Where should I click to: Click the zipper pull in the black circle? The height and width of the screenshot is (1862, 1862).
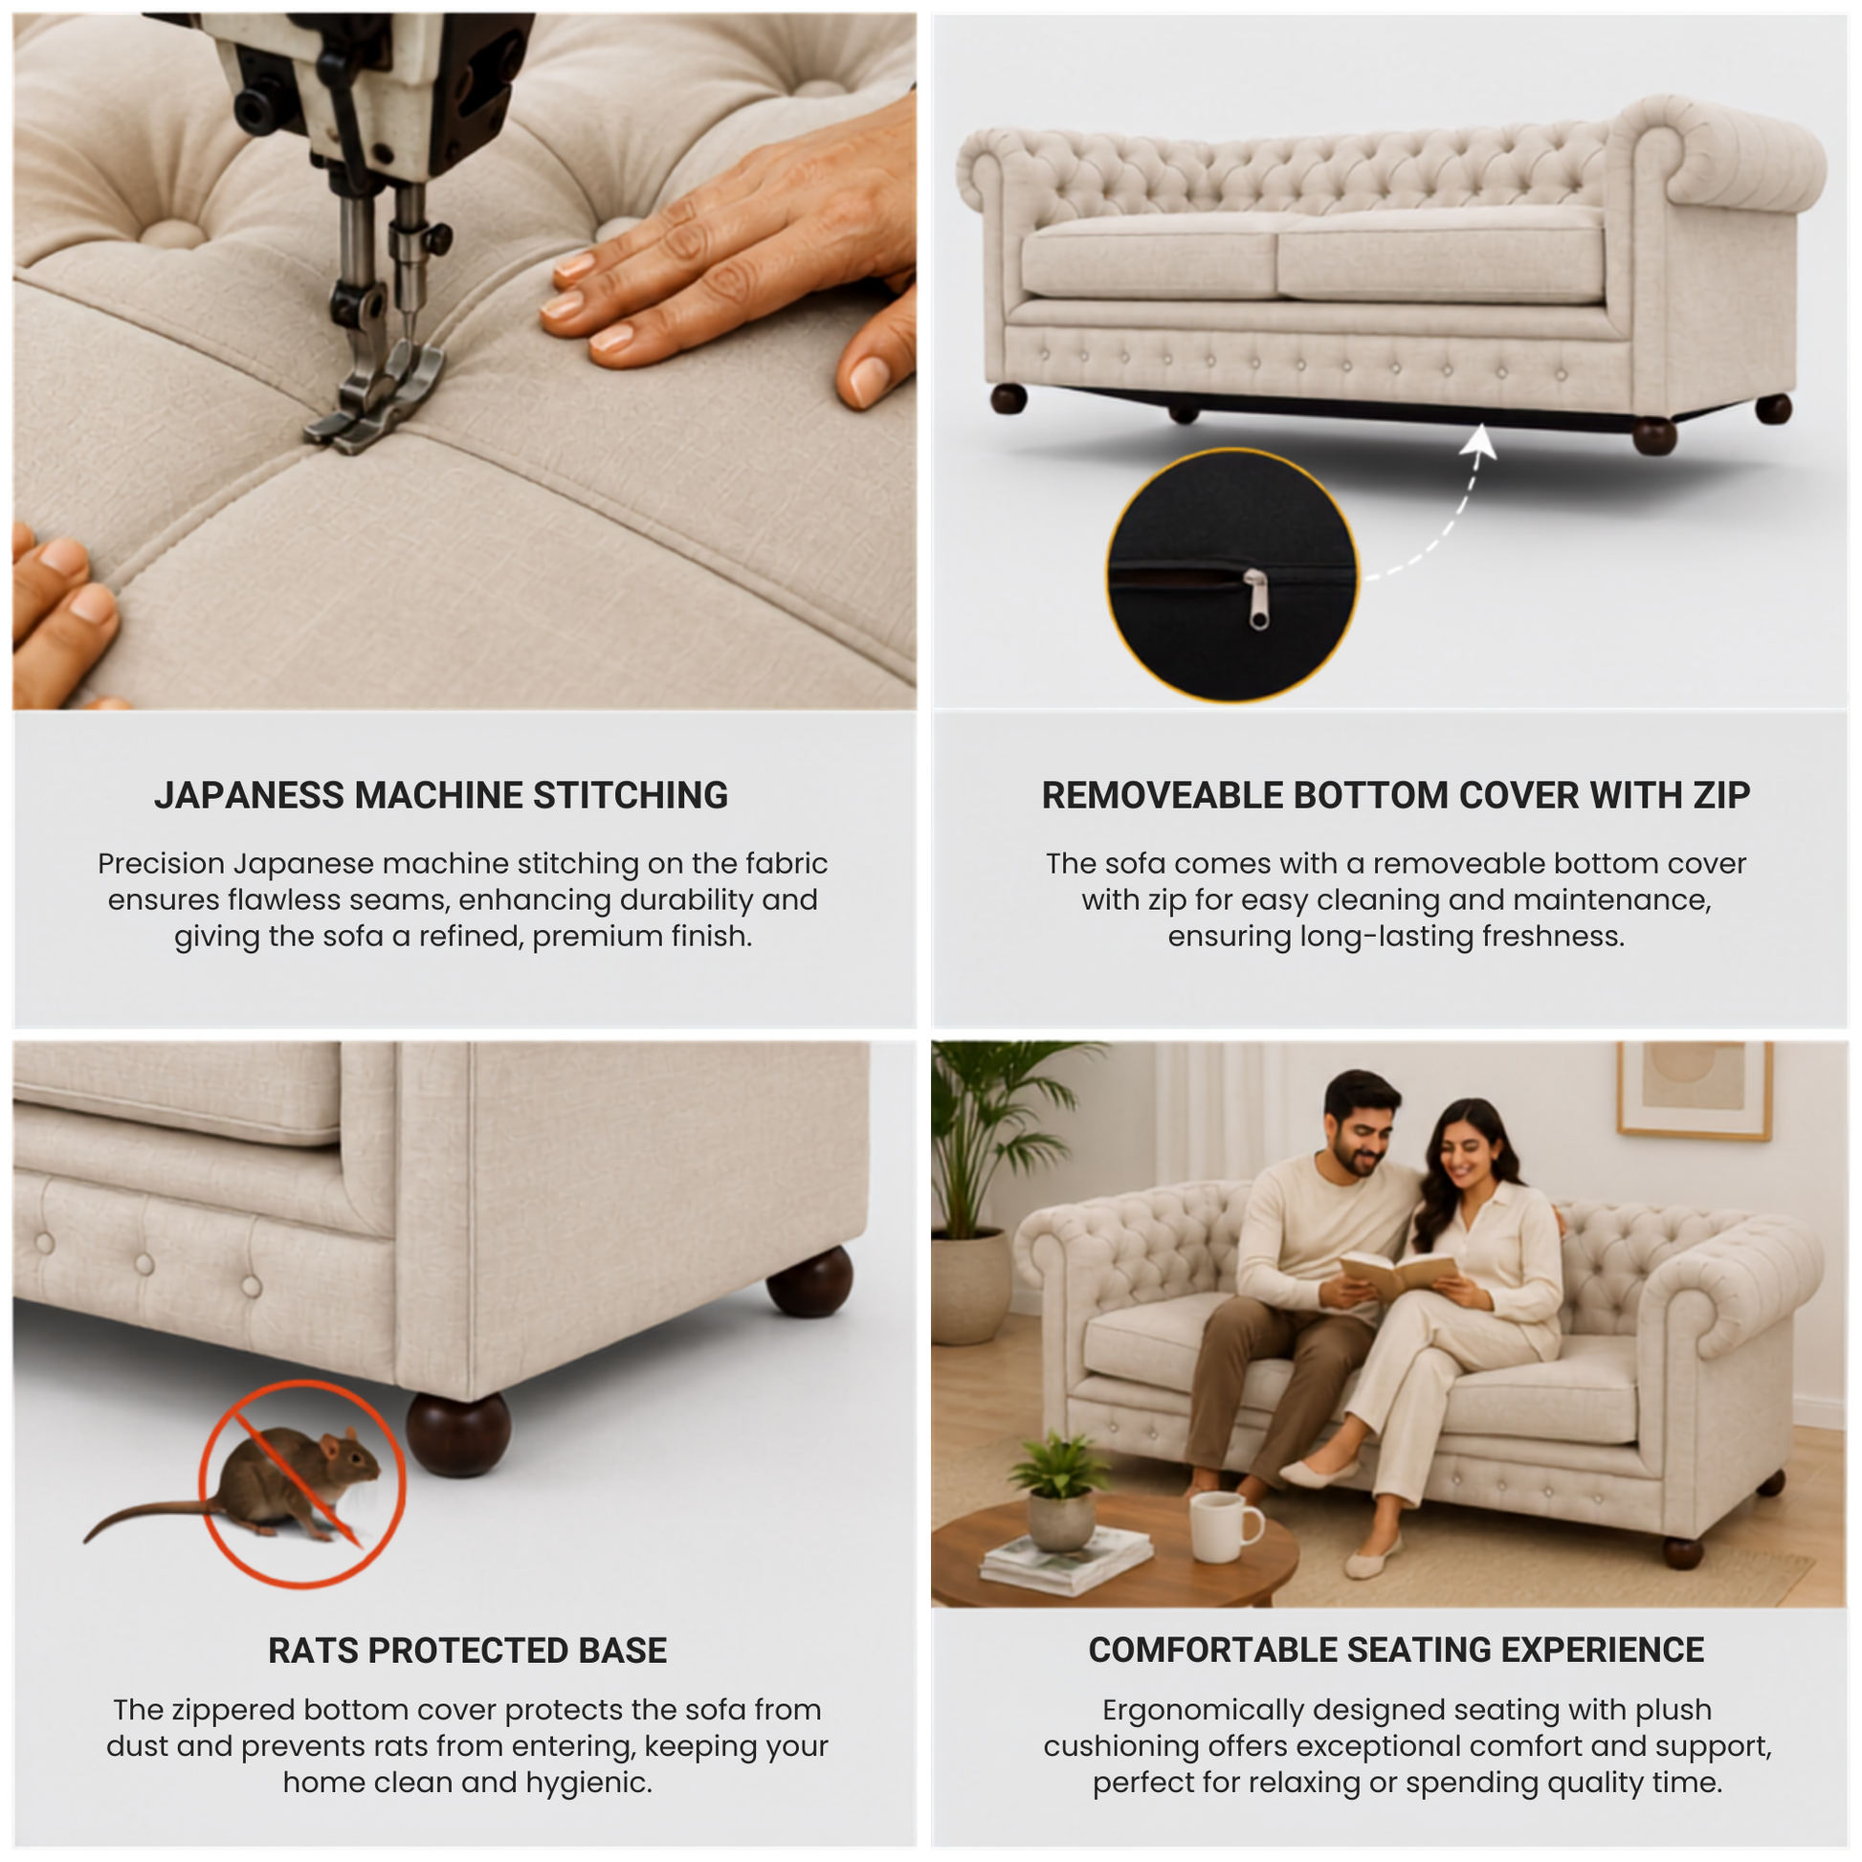1257,600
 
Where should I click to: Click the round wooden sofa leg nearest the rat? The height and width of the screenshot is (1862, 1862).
458,1435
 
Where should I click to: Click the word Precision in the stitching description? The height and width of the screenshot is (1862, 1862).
161,863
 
